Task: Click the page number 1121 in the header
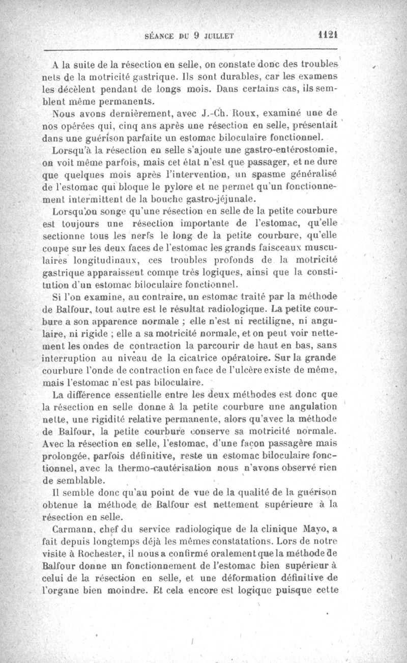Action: click(x=328, y=36)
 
